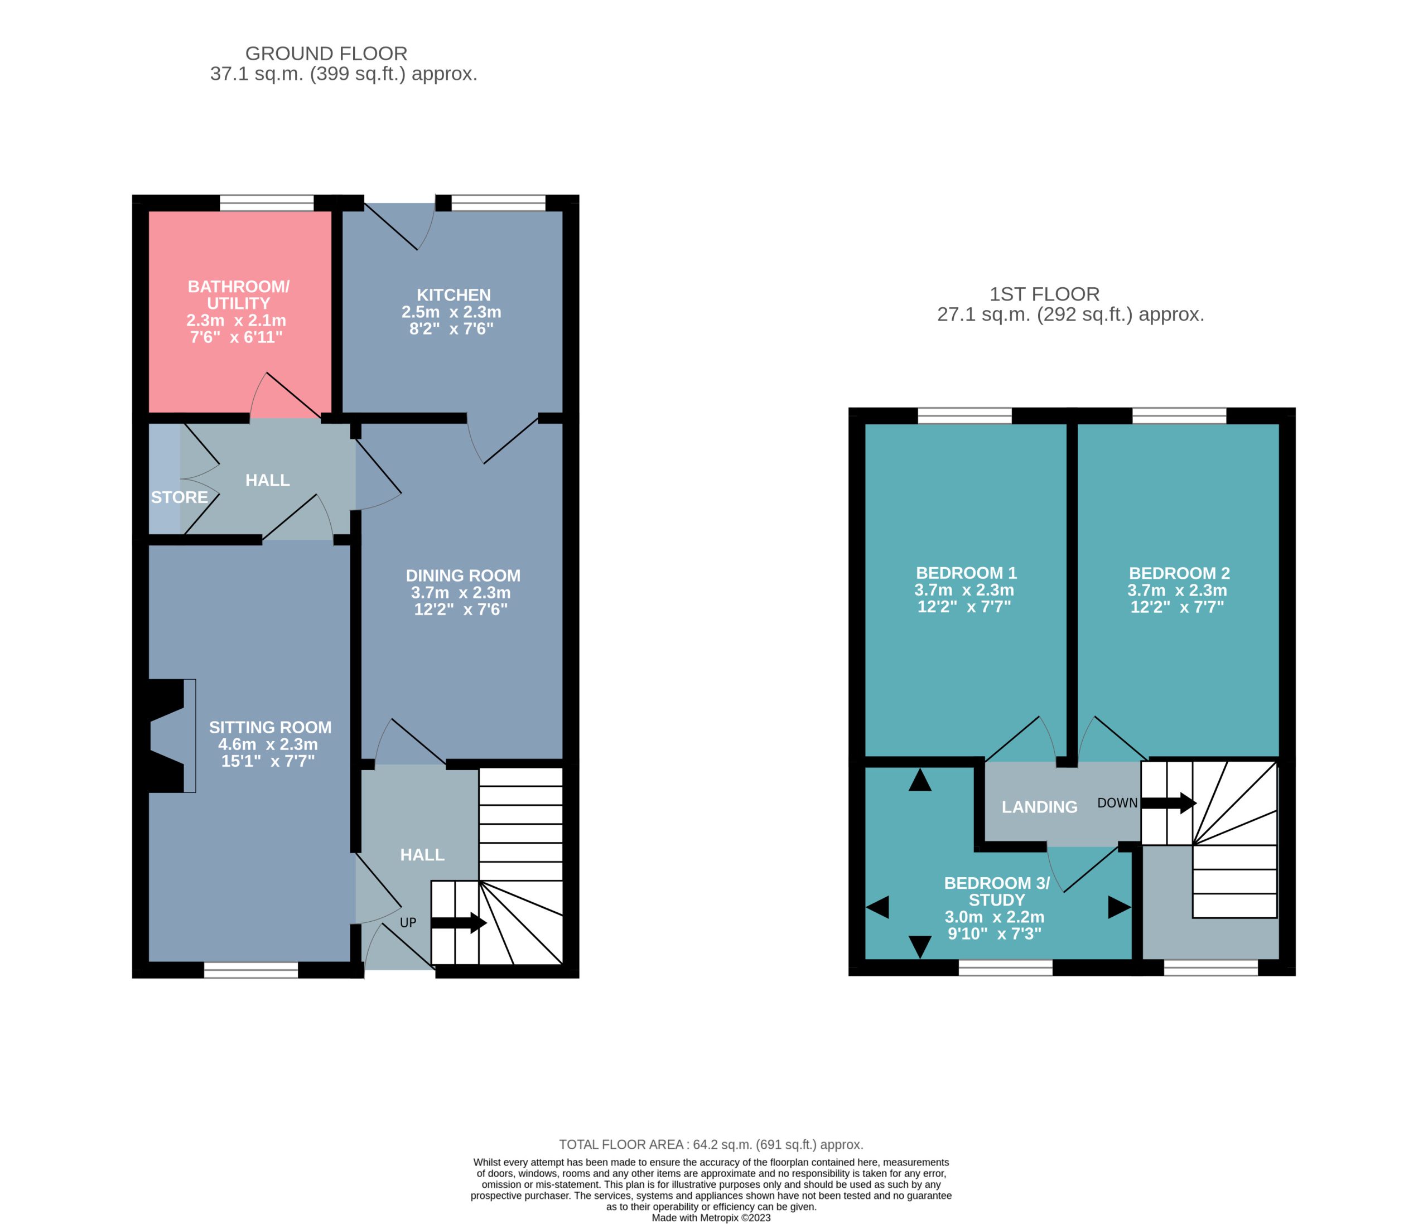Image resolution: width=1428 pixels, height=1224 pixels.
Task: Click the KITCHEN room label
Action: point(454,295)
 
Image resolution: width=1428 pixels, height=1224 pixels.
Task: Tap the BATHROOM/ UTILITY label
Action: point(238,295)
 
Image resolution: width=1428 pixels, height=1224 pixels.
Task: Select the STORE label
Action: point(179,497)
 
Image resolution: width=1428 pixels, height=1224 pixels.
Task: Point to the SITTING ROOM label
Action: point(270,727)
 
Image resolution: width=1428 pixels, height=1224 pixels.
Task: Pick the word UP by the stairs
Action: point(408,922)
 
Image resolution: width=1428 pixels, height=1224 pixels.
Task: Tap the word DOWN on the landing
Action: point(1117,803)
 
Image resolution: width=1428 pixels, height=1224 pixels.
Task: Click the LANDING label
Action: point(1039,806)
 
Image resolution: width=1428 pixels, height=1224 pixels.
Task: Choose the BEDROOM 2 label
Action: point(1179,573)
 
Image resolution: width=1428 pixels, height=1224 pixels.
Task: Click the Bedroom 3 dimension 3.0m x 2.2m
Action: point(995,917)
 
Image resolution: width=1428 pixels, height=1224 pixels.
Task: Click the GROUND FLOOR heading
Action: point(326,53)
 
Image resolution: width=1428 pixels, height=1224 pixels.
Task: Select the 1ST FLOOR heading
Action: point(1044,294)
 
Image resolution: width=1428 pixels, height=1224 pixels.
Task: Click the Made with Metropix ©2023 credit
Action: point(711,1217)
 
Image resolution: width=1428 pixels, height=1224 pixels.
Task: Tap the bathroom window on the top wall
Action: point(267,203)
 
